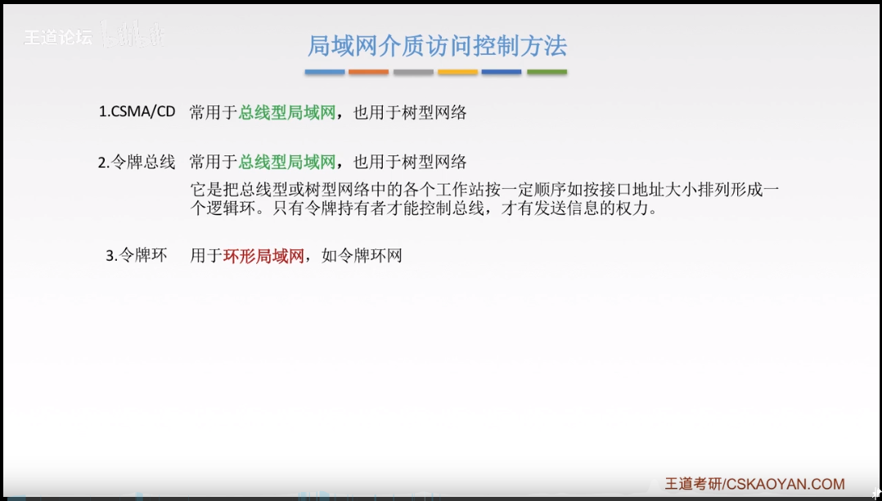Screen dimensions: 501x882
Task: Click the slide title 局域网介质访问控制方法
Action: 437,45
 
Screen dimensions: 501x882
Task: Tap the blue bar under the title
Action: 325,73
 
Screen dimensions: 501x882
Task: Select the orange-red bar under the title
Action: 368,73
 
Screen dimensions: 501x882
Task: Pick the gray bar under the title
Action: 413,73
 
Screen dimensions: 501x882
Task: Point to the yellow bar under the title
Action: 457,73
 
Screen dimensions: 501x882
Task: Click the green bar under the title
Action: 547,73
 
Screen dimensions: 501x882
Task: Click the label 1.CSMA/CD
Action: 137,113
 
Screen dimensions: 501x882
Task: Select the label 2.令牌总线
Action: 137,162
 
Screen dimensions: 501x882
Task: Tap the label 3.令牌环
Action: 137,256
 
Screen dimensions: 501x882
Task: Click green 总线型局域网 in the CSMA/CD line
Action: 287,113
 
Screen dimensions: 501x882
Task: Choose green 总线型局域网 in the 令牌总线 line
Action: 287,162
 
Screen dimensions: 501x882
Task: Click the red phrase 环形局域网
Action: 263,256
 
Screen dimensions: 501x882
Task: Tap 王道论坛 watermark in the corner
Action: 57,38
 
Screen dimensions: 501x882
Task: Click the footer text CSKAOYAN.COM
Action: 785,484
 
